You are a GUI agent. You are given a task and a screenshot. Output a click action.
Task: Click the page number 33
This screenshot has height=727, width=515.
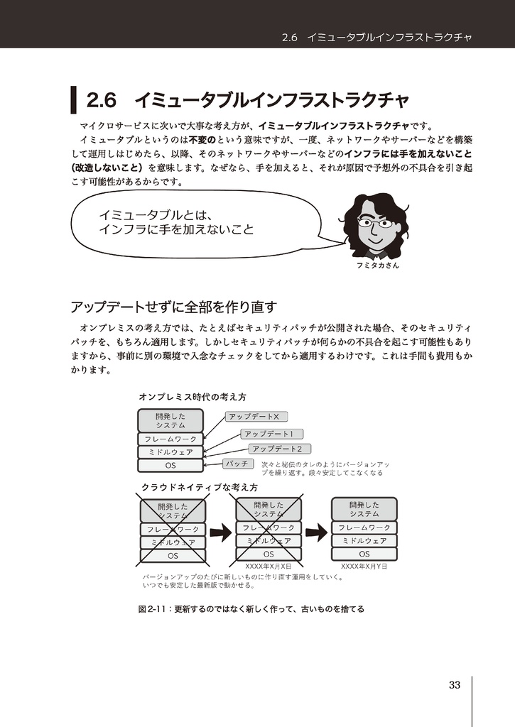tap(455, 685)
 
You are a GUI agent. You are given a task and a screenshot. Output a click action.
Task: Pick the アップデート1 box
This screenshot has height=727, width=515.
tap(273, 433)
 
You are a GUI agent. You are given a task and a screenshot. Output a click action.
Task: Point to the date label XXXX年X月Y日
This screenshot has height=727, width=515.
tap(364, 567)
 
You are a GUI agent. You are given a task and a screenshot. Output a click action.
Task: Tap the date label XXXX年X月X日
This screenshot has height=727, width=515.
tap(268, 567)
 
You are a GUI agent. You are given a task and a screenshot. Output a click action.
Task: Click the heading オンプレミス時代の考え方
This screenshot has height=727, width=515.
tap(192, 397)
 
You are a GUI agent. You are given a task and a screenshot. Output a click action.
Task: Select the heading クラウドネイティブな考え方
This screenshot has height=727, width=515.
tap(199, 488)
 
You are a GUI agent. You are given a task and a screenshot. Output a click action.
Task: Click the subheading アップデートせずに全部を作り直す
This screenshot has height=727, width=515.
tap(173, 307)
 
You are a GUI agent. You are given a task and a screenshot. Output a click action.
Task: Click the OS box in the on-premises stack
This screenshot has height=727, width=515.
tap(170, 465)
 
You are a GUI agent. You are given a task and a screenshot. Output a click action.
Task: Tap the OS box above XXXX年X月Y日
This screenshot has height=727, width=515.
tap(364, 554)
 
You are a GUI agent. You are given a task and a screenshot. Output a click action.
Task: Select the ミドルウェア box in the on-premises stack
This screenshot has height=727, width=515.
tap(170, 452)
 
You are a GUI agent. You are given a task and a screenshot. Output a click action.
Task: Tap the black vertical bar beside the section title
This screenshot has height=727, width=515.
tap(73, 100)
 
